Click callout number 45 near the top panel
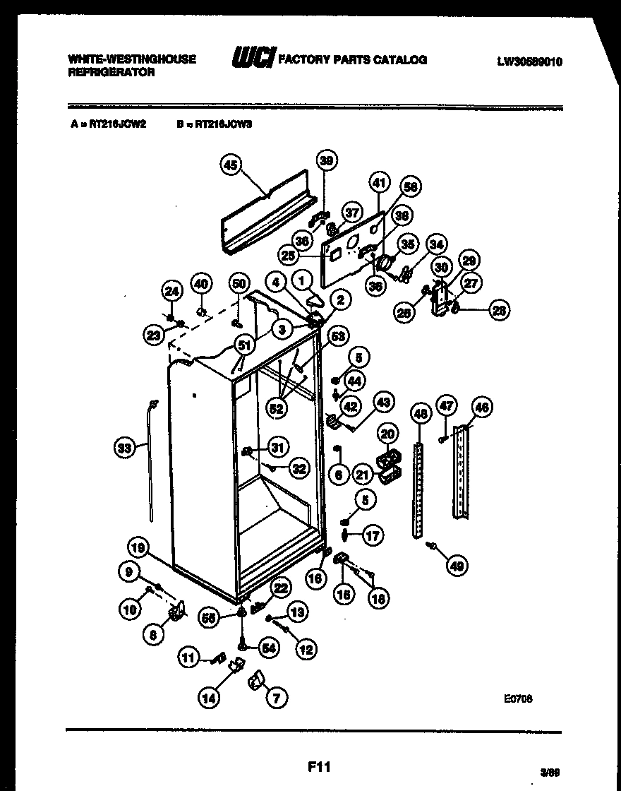pyautogui.click(x=230, y=165)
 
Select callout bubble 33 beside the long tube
pyautogui.click(x=123, y=447)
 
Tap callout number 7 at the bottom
pyautogui.click(x=276, y=698)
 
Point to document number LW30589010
pyautogui.click(x=529, y=61)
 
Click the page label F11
pyautogui.click(x=319, y=766)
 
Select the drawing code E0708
pyautogui.click(x=518, y=698)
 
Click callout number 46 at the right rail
pyautogui.click(x=482, y=408)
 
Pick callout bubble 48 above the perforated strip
pyautogui.click(x=421, y=412)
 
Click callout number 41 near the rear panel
pyautogui.click(x=380, y=183)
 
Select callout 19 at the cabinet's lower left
pyautogui.click(x=139, y=547)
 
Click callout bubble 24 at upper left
pyautogui.click(x=171, y=290)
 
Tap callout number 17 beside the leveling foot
pyautogui.click(x=373, y=536)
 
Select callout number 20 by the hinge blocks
pyautogui.click(x=387, y=433)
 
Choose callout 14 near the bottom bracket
pyautogui.click(x=208, y=698)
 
